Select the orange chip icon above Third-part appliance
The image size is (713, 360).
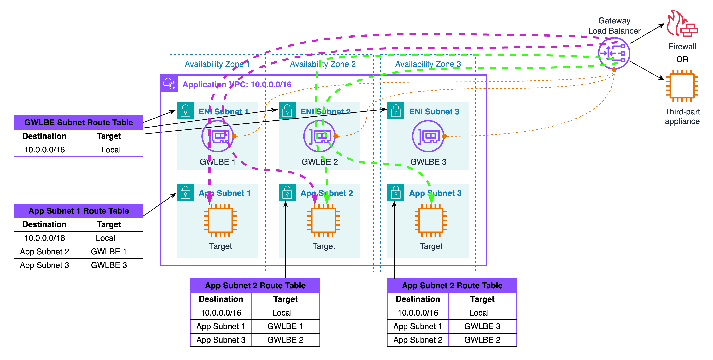tap(682, 86)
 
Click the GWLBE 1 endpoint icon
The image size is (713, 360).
tap(218, 136)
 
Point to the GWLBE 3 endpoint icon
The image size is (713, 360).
tap(428, 136)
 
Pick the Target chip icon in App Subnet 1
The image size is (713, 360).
tap(220, 220)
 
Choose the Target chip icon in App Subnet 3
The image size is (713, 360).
tap(431, 220)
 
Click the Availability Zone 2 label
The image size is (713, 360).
tap(323, 64)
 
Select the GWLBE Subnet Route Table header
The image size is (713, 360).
tap(79, 122)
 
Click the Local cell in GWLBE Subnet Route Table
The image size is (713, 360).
tap(111, 150)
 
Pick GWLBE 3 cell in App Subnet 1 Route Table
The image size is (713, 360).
tap(109, 265)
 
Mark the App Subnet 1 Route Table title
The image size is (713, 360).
tap(79, 211)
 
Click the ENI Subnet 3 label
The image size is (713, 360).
tap(434, 112)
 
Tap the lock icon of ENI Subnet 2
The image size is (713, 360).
tap(287, 111)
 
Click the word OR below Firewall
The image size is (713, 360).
tap(682, 59)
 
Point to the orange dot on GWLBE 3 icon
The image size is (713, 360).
tap(444, 136)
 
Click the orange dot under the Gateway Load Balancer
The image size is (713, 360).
tap(614, 69)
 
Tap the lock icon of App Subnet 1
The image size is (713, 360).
tap(185, 192)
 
